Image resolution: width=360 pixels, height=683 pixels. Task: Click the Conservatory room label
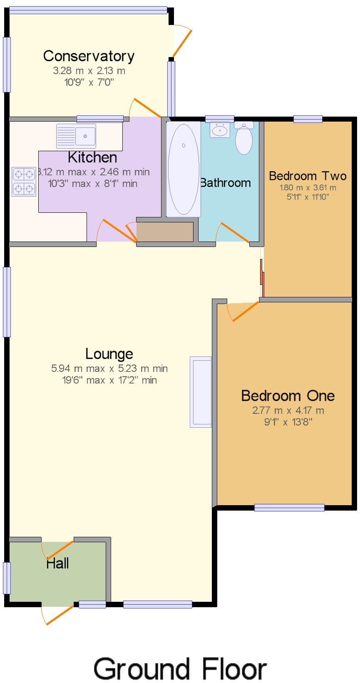[89, 56]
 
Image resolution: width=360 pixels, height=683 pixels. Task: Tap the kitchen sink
[76, 136]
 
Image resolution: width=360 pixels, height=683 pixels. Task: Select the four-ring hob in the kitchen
[24, 181]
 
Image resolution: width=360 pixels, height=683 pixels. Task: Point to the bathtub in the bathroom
[183, 169]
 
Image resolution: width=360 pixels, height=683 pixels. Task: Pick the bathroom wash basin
[220, 130]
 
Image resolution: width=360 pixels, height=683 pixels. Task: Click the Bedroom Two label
[308, 176]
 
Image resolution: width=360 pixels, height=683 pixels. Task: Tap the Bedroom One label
[288, 395]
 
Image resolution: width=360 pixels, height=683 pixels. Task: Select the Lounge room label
[109, 354]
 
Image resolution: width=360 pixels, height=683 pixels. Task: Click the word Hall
[57, 563]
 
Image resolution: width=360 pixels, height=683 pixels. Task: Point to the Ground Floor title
[180, 669]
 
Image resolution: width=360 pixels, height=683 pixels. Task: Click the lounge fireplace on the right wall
[201, 392]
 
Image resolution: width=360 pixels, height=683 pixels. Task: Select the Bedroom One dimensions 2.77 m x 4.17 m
[288, 410]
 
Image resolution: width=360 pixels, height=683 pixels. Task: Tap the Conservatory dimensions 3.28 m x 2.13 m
[89, 71]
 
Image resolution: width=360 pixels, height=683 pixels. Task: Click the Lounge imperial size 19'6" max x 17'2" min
[109, 380]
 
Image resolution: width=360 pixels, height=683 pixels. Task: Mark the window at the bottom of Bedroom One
[289, 507]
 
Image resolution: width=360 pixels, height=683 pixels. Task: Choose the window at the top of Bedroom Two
[308, 119]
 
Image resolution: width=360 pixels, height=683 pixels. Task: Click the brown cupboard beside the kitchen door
[165, 232]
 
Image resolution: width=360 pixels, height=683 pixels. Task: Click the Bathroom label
[226, 182]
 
